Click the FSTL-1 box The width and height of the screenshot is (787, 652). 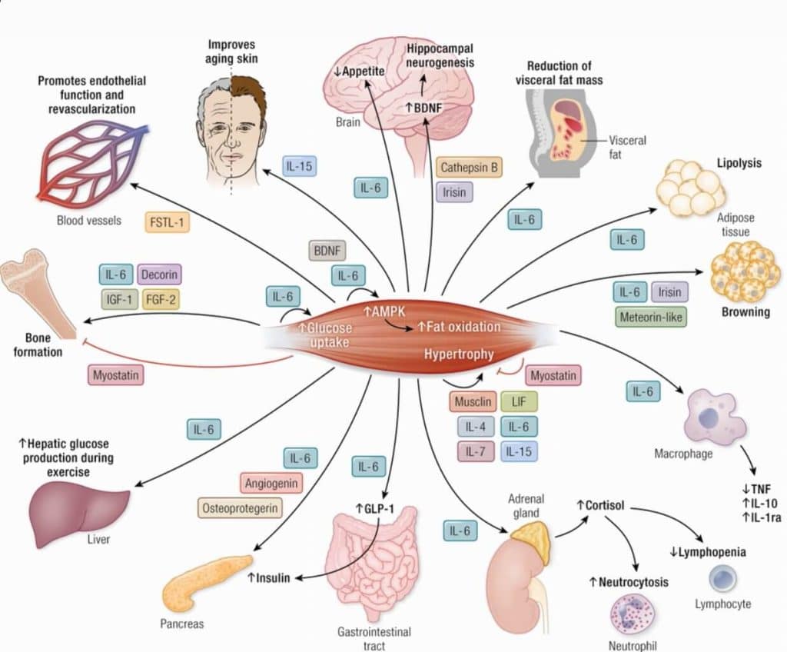coord(168,223)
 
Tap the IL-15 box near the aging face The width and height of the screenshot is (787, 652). coord(301,166)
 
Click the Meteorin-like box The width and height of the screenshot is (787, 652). coord(652,316)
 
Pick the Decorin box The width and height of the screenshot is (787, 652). coord(161,274)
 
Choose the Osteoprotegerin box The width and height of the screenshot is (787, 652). coord(240,507)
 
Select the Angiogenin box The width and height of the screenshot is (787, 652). coord(270,484)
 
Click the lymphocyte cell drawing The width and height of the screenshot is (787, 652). coord(722,579)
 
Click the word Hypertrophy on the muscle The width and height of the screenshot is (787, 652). coord(457,354)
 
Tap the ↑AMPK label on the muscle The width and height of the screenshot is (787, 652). coord(384,310)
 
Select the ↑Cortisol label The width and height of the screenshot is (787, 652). coord(600,506)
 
